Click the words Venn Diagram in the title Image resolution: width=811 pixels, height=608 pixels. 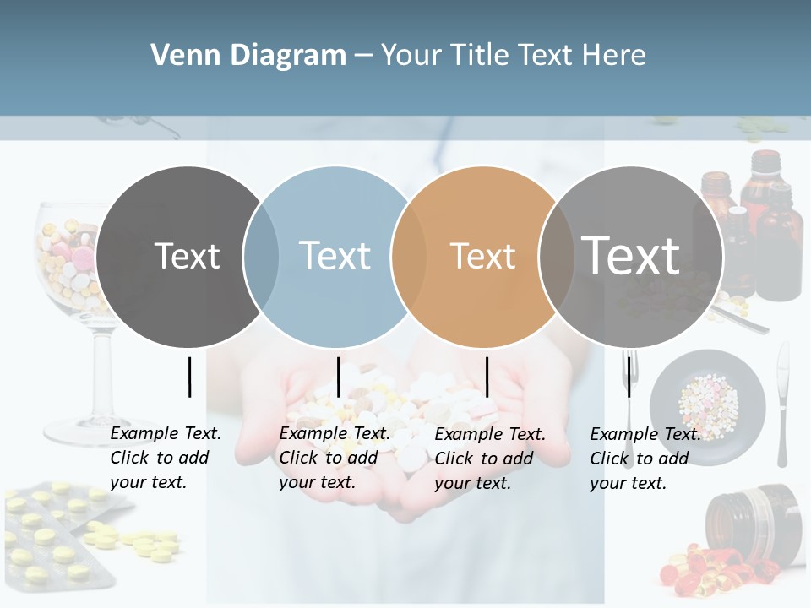[x=248, y=56]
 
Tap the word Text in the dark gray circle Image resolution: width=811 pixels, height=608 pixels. [x=187, y=256]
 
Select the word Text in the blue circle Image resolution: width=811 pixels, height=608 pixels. [x=335, y=256]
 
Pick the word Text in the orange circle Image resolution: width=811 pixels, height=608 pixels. [x=482, y=256]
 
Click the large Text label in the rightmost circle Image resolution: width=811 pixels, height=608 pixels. [x=630, y=255]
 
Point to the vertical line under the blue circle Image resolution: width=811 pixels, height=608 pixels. [x=338, y=377]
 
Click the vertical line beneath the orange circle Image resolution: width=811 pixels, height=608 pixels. [x=487, y=377]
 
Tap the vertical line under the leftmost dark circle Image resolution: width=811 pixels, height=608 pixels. [x=190, y=377]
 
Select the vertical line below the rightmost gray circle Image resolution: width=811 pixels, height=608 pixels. [x=629, y=377]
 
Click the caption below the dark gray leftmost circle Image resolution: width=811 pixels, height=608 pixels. [x=165, y=458]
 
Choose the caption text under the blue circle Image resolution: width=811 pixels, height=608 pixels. [x=334, y=458]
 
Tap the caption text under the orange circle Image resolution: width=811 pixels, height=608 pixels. [x=489, y=459]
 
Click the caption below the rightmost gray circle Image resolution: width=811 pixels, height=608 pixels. [x=645, y=459]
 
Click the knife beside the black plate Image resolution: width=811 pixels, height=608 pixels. [x=782, y=405]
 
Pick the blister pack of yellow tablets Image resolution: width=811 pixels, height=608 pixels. [x=55, y=532]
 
